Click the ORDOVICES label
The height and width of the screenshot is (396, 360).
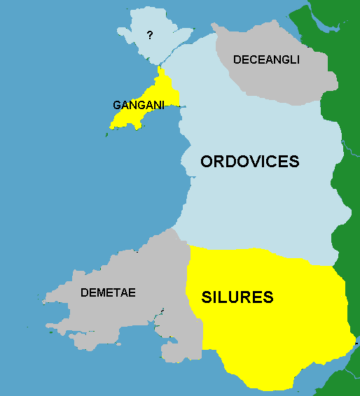(249, 162)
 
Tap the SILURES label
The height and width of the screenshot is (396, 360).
(237, 297)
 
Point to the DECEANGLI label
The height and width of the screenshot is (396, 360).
(266, 60)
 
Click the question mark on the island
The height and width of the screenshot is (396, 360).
(148, 35)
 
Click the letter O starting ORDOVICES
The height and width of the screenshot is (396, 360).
(207, 162)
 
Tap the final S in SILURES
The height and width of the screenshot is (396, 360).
(267, 297)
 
